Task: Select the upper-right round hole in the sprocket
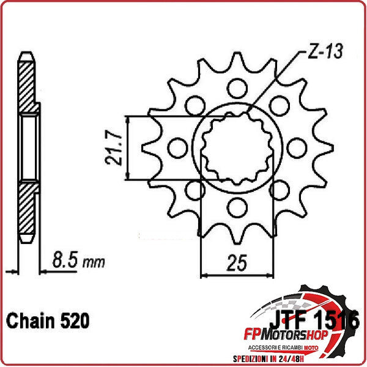point(280,104)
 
